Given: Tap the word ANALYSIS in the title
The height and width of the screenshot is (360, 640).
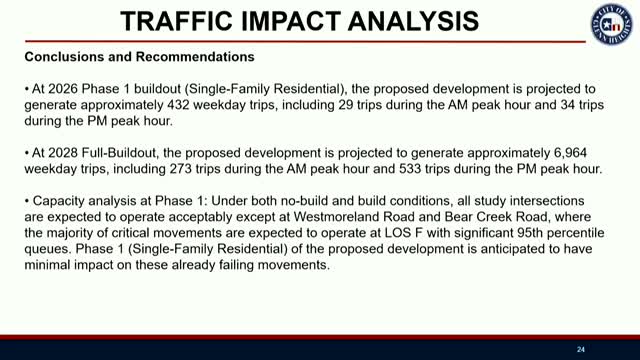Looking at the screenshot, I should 406,21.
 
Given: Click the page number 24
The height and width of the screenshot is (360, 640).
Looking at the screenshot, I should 580,349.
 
